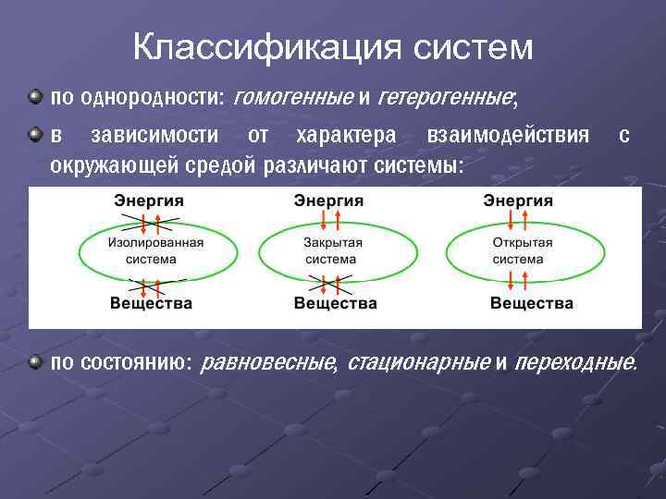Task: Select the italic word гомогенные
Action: tap(295, 96)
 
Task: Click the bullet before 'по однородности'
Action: tap(34, 96)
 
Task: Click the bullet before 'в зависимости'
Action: tap(34, 136)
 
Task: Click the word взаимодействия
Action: tap(508, 136)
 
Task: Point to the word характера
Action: tap(346, 136)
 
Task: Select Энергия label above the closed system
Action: tap(328, 201)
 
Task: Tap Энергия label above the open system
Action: tap(519, 201)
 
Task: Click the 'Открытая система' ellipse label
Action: tap(521, 250)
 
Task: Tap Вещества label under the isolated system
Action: tap(151, 303)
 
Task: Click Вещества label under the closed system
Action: tap(335, 303)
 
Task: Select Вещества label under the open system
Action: tap(531, 303)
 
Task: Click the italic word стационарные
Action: tap(418, 362)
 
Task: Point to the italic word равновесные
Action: tap(268, 362)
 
